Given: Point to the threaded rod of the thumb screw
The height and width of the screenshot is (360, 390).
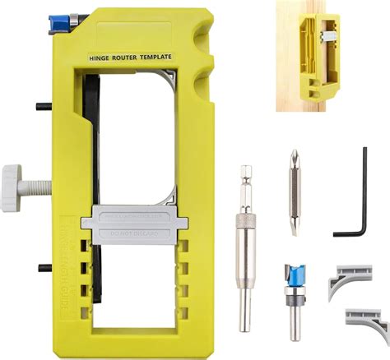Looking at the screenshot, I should (x=39, y=177).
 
